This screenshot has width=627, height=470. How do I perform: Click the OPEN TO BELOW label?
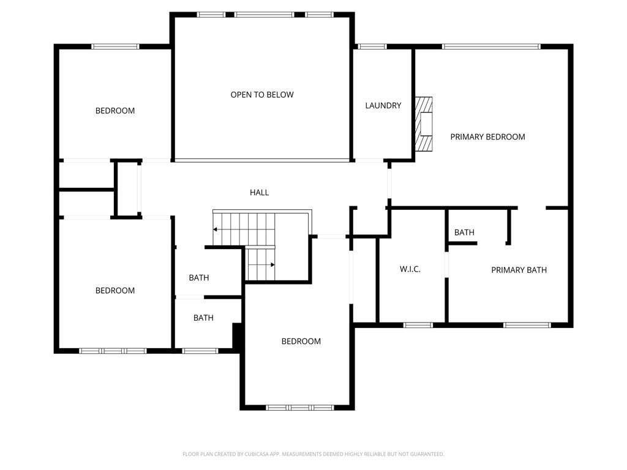262,95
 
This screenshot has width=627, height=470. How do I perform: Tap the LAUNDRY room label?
383,105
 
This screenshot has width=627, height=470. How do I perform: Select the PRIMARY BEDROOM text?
487,137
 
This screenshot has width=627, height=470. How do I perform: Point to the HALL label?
259,192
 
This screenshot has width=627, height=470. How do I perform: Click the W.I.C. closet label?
410,269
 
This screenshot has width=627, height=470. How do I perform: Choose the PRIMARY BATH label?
519,270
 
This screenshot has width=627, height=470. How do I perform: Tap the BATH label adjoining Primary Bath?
464,233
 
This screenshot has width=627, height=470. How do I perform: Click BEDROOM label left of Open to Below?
115,111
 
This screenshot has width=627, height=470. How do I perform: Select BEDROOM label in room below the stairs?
301,341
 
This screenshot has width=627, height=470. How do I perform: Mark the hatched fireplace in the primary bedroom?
424,124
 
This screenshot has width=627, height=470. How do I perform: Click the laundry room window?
372,47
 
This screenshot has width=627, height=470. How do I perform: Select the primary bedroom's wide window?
490,47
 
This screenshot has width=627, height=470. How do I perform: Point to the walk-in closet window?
418,325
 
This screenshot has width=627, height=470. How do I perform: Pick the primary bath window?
527,325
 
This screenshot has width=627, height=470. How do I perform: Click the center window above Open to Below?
264,15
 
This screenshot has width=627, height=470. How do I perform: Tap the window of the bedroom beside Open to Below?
115,47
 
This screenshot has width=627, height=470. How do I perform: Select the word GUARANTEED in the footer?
424,454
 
